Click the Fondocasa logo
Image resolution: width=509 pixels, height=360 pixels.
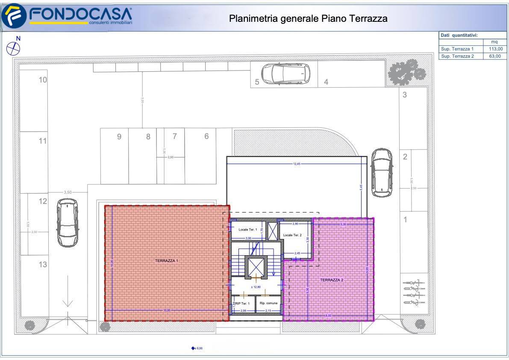point(68,16)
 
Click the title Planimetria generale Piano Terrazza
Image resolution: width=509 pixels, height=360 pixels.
point(308,18)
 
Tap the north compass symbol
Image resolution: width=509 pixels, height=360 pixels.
point(14,47)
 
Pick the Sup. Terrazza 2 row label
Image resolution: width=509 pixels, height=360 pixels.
point(457,56)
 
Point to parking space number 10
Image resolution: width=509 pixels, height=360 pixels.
point(43,80)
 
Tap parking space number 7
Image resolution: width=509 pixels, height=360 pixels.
point(174,136)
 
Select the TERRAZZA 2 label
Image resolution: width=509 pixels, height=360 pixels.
point(332,280)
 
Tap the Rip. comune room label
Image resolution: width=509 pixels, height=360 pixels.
point(269,303)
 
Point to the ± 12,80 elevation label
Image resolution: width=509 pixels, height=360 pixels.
point(256,287)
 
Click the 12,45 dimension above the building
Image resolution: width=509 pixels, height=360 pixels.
point(297,164)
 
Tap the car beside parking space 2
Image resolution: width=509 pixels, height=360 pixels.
point(381,172)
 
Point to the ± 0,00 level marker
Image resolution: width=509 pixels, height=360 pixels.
point(197,348)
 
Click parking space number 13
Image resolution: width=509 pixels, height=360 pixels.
point(43,265)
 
